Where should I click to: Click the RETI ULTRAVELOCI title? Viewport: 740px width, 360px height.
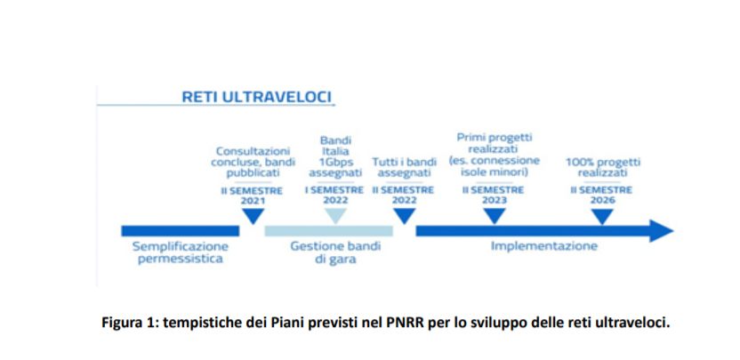pyautogui.click(x=257, y=97)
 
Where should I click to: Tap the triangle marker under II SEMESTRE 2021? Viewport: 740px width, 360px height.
pyautogui.click(x=253, y=216)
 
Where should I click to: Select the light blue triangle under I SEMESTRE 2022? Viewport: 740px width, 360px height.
pyautogui.click(x=335, y=216)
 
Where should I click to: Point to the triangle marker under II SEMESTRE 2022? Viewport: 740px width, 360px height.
pyautogui.click(x=404, y=216)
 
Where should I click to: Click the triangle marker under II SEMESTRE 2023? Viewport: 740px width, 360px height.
pyautogui.click(x=495, y=216)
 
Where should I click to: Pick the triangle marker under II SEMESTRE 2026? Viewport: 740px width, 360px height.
pyautogui.click(x=602, y=216)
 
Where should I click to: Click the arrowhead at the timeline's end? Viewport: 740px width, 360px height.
pyautogui.click(x=662, y=231)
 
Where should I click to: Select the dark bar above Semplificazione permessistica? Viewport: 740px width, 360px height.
pyautogui.click(x=181, y=231)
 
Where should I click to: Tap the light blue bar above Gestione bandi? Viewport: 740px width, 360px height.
pyautogui.click(x=328, y=231)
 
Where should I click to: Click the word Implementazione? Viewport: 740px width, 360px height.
pyautogui.click(x=544, y=246)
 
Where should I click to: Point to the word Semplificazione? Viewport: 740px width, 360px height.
pyautogui.click(x=181, y=246)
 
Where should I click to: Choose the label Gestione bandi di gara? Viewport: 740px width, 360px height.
pyautogui.click(x=335, y=252)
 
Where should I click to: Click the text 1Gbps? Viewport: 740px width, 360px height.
pyautogui.click(x=335, y=162)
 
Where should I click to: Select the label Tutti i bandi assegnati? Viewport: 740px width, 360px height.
pyautogui.click(x=404, y=167)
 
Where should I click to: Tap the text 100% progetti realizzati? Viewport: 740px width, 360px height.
pyautogui.click(x=603, y=167)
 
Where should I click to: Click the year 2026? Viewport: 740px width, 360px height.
pyautogui.click(x=602, y=201)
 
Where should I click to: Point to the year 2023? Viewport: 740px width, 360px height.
pyautogui.click(x=495, y=201)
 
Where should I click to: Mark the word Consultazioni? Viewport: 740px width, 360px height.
pyautogui.click(x=253, y=151)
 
